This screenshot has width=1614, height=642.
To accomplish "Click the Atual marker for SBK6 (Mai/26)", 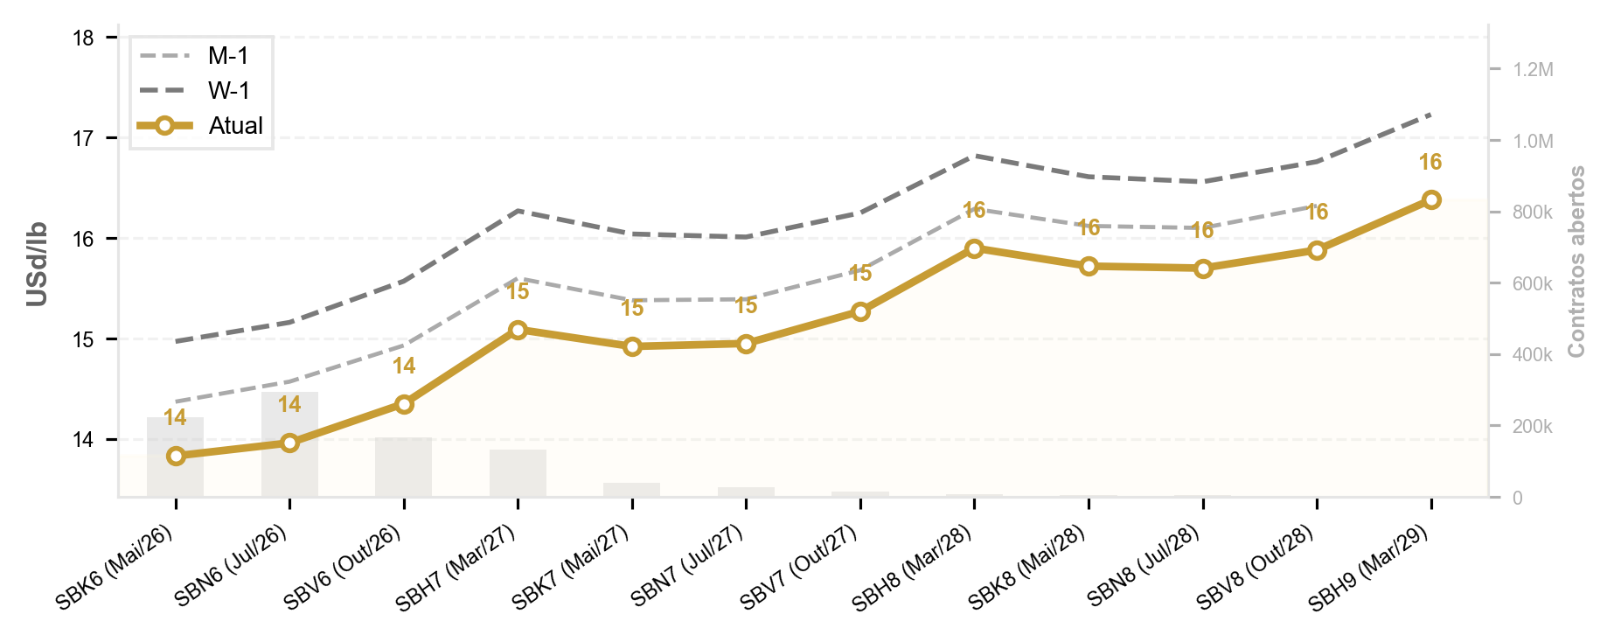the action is [176, 456].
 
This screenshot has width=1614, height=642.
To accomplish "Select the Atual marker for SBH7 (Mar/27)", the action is [518, 330].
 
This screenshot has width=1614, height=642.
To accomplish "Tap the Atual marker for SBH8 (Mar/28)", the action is [974, 248].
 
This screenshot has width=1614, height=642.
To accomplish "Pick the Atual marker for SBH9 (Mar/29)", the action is [1431, 199].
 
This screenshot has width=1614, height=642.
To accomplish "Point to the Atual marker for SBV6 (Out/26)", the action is [404, 404].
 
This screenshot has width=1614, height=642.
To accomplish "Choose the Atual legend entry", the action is [200, 125].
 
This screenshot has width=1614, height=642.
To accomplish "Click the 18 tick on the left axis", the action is [84, 38].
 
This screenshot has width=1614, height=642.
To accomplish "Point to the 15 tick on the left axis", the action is [84, 339].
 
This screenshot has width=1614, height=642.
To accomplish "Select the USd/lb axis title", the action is [37, 264].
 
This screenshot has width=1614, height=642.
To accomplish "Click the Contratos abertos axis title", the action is [1576, 262].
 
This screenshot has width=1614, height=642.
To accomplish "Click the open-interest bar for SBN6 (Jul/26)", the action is [289, 444].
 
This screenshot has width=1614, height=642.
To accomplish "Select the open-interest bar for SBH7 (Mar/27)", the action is [518, 473].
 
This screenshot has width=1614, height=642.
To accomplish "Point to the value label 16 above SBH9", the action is [1430, 163].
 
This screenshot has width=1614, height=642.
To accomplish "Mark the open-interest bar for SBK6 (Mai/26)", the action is [176, 457].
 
